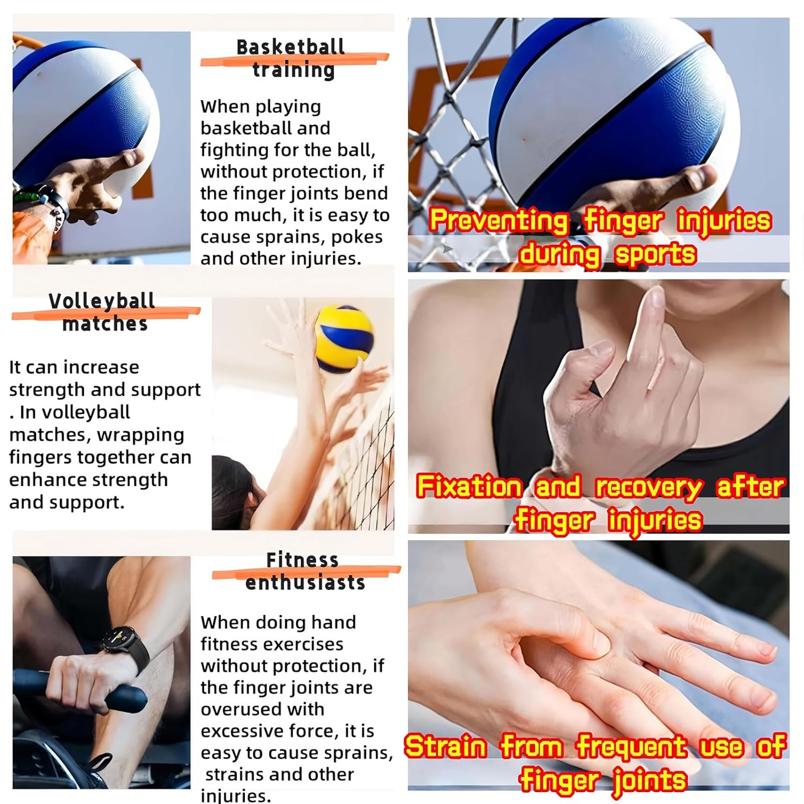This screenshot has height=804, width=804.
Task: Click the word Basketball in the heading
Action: point(291,47)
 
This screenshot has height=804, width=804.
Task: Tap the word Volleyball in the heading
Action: point(102,301)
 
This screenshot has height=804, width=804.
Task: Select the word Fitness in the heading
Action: point(302,560)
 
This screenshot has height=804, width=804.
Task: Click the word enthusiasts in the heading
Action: point(305,583)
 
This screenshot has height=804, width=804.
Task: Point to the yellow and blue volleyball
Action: point(344,339)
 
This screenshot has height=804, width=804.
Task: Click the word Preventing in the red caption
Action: point(498,221)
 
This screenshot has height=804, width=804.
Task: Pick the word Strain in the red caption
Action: point(445,747)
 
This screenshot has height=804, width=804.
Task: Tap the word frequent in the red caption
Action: point(631,747)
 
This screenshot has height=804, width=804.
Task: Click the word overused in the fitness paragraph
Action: point(262,709)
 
